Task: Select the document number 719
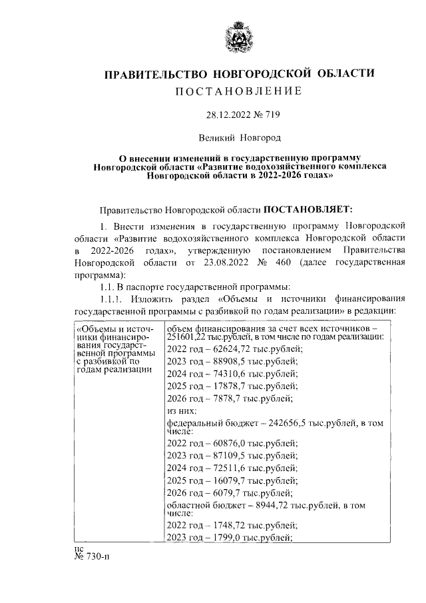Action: pos(271,115)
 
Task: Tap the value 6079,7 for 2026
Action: pos(222,493)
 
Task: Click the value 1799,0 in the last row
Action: pos(222,537)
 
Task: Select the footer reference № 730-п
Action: pos(89,557)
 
